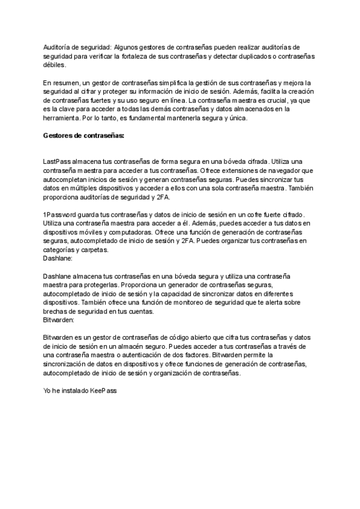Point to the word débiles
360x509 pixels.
click(53, 65)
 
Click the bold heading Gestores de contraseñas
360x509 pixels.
click(83, 136)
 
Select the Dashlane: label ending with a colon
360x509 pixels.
click(58, 258)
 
